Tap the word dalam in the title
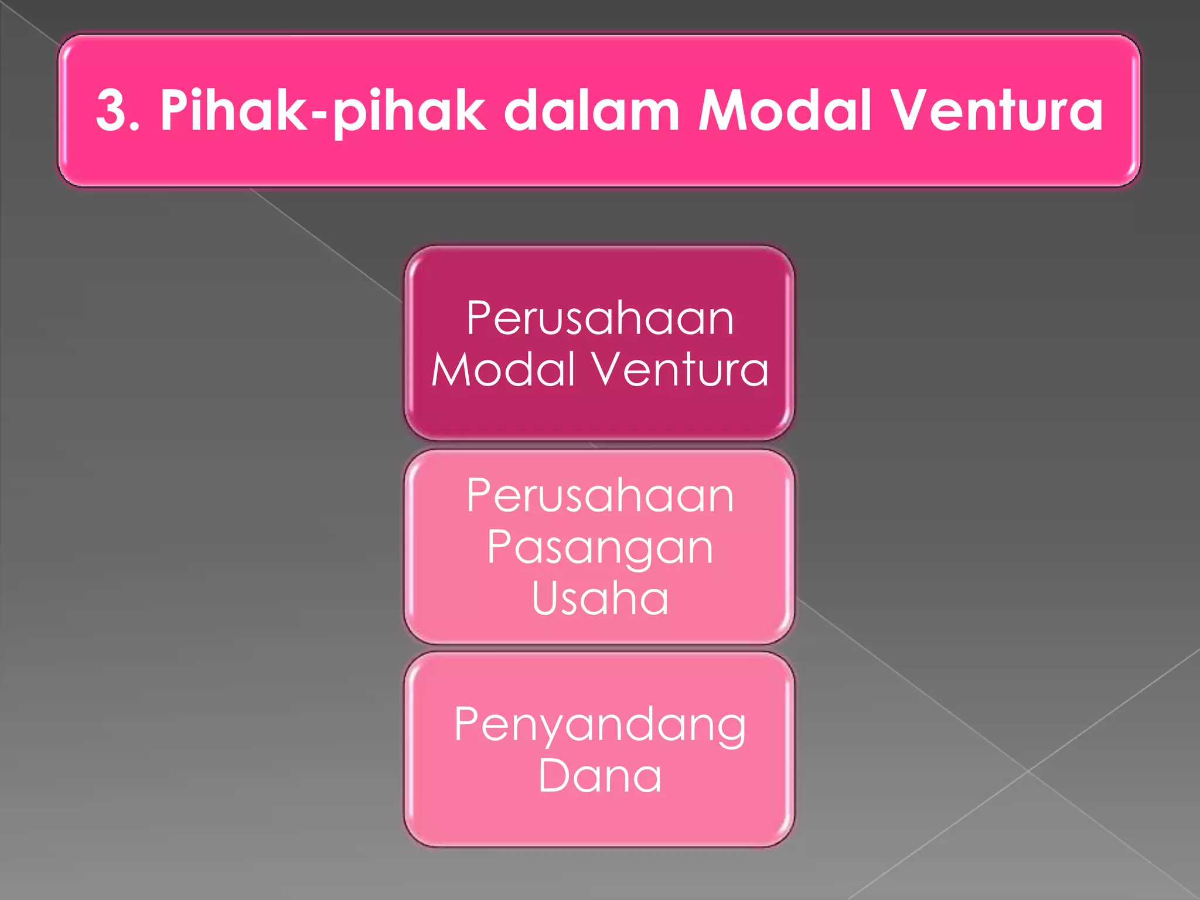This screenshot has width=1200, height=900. coord(592,110)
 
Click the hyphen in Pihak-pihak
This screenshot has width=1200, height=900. coord(319,115)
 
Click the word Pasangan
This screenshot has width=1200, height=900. coord(600,548)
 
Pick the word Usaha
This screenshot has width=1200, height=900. coord(600,598)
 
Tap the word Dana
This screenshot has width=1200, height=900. coord(600,776)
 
